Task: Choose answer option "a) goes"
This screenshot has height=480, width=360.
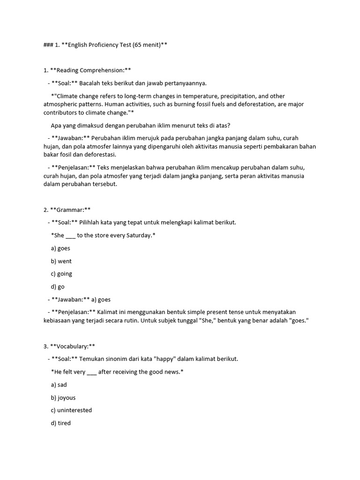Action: [x=60, y=248]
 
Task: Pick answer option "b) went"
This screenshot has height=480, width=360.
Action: [x=61, y=261]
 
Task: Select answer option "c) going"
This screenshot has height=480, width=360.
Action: [x=61, y=274]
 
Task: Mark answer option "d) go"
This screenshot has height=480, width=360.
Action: [x=58, y=286]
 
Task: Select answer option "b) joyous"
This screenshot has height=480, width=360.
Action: [x=63, y=397]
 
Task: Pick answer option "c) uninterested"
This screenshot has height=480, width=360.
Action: [x=71, y=410]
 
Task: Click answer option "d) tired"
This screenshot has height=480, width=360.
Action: [x=60, y=423]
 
